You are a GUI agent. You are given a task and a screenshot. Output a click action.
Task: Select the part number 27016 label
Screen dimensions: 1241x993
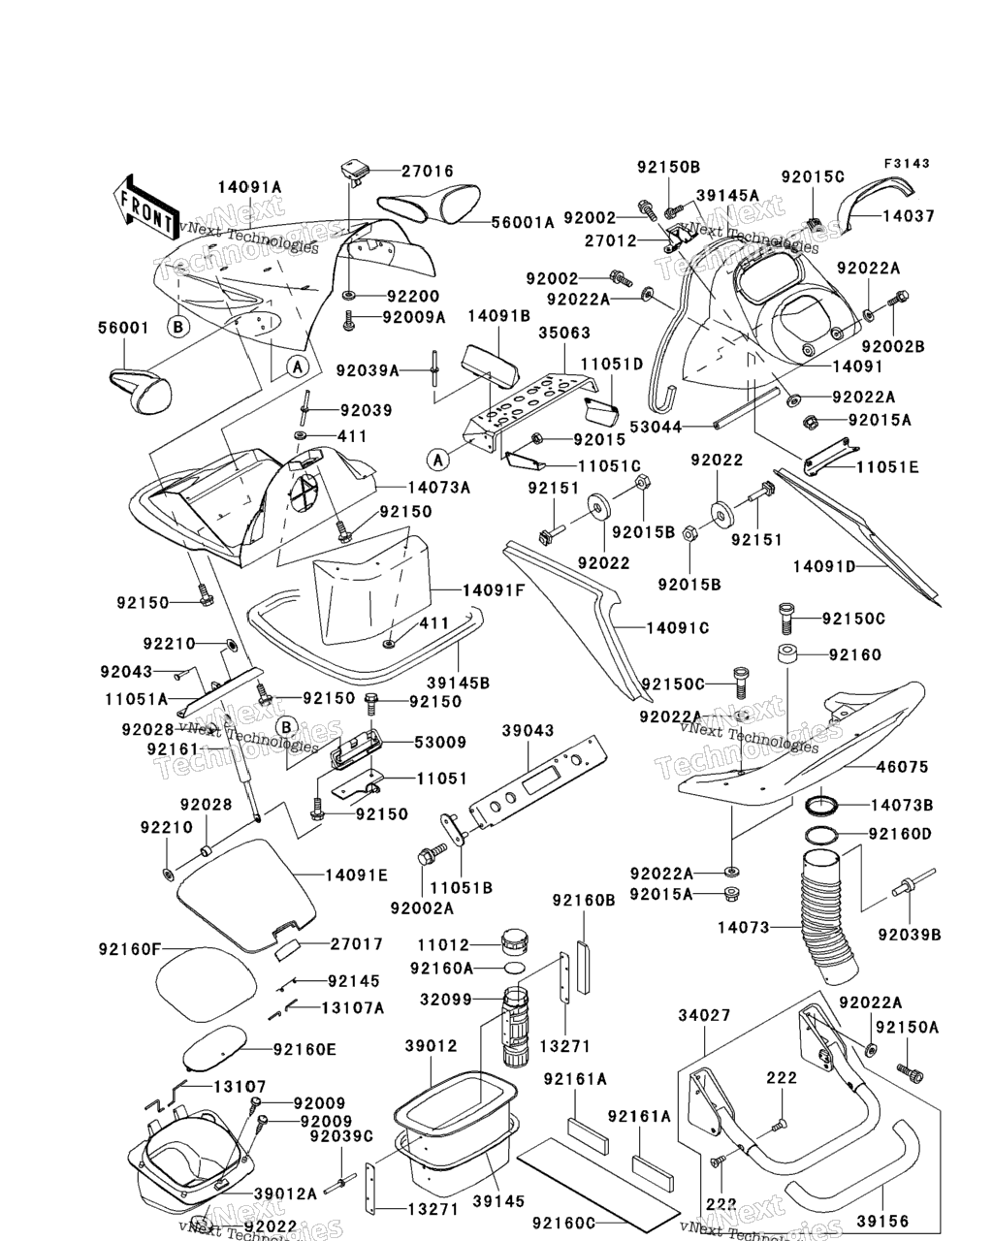(428, 172)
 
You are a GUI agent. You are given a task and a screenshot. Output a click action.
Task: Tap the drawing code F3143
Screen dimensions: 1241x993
(906, 164)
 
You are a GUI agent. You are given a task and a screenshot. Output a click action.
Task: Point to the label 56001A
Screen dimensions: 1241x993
(522, 222)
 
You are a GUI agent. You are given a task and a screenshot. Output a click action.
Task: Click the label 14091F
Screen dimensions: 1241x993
(494, 589)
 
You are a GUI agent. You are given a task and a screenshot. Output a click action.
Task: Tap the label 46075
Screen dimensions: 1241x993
(903, 767)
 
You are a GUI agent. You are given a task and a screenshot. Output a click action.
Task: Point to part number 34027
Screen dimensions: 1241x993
(704, 1015)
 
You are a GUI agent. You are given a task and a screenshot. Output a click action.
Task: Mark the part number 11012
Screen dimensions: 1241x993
(443, 944)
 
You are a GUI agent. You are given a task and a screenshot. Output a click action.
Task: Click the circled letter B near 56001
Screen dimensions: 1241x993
(177, 327)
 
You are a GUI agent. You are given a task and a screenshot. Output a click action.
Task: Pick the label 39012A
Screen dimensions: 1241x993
(285, 1193)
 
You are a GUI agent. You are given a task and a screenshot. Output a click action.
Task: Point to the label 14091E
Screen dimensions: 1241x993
(356, 875)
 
